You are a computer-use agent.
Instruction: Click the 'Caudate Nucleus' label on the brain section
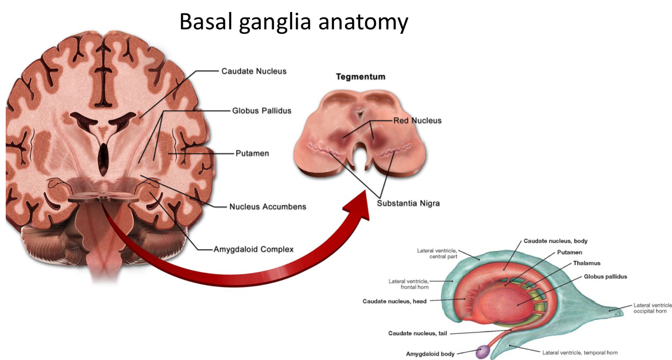coord(253,71)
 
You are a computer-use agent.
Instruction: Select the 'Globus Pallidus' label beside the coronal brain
coord(261,110)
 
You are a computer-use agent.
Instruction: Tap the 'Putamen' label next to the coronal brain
coord(252,153)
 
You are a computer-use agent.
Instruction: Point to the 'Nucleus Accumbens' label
coord(267,206)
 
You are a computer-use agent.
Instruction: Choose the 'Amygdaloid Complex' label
coord(253,249)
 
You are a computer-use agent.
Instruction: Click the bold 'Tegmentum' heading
coord(360,77)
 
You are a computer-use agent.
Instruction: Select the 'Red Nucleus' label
coord(417,120)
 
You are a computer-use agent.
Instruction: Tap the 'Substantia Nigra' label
coord(408,203)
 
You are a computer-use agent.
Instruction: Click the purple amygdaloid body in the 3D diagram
coord(483,351)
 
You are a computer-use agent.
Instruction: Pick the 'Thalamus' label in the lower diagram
coord(586,263)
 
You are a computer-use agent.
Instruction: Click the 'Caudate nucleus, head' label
coord(394,301)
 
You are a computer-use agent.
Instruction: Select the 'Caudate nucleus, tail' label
coord(417,333)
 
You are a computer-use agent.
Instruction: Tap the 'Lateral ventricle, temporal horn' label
coord(579,352)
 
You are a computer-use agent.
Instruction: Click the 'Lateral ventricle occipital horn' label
coord(652,308)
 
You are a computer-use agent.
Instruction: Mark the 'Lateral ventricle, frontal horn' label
coord(409,284)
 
